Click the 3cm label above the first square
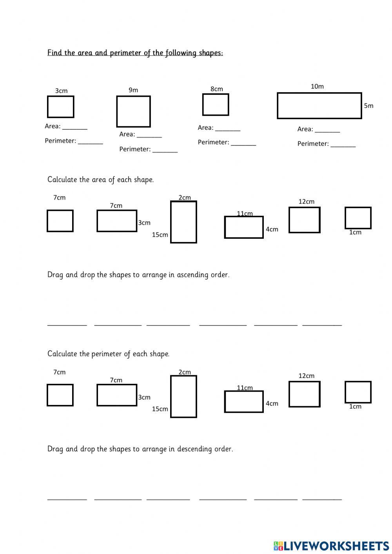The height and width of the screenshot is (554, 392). point(61,91)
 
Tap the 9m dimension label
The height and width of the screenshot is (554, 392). point(133,90)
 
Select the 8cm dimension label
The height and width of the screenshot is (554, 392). point(216,89)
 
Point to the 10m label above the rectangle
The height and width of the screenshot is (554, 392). point(317,86)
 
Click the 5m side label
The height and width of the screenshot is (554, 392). point(368,105)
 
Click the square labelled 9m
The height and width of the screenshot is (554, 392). point(133,112)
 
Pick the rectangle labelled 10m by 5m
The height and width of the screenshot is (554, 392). point(319,105)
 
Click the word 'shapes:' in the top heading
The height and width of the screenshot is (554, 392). point(211,53)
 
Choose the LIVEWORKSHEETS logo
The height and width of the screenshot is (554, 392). point(331,545)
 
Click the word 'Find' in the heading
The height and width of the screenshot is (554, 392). point(54,53)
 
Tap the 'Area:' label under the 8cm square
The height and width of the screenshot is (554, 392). point(205,128)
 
